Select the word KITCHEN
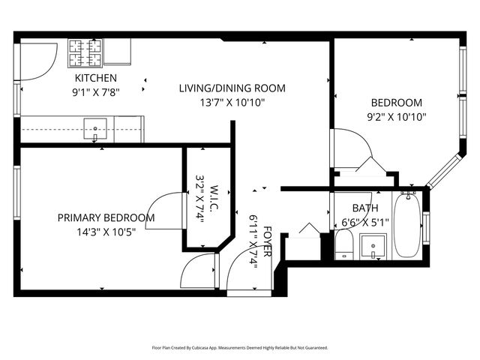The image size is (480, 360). click(95, 78)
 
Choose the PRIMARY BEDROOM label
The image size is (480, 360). click(106, 217)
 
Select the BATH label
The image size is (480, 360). click(365, 208)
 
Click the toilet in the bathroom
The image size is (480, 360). click(344, 244)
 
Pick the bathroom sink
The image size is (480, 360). click(373, 245)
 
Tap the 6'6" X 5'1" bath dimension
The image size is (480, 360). click(365, 222)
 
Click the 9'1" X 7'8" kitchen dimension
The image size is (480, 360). click(95, 91)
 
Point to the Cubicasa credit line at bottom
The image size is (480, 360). click(240, 347)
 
